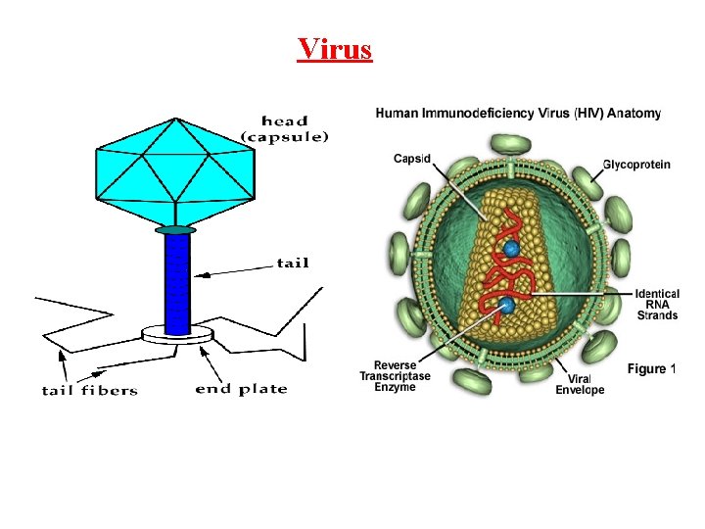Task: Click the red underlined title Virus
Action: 335,48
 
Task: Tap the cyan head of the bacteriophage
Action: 173,171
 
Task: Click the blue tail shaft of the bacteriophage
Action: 177,284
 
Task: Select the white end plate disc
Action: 176,335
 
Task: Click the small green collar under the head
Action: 175,230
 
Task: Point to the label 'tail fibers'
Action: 90,390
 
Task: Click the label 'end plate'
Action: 242,389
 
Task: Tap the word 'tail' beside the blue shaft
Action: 293,262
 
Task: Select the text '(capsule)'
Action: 285,137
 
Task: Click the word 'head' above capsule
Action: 284,121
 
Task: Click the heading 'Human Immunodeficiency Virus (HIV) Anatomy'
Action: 518,114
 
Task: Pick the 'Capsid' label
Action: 411,159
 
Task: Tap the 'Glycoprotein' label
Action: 636,164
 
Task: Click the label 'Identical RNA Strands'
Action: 656,304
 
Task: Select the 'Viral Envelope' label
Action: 580,384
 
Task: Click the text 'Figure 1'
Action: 651,368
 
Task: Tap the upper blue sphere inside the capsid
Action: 511,249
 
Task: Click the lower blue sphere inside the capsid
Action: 506,307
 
